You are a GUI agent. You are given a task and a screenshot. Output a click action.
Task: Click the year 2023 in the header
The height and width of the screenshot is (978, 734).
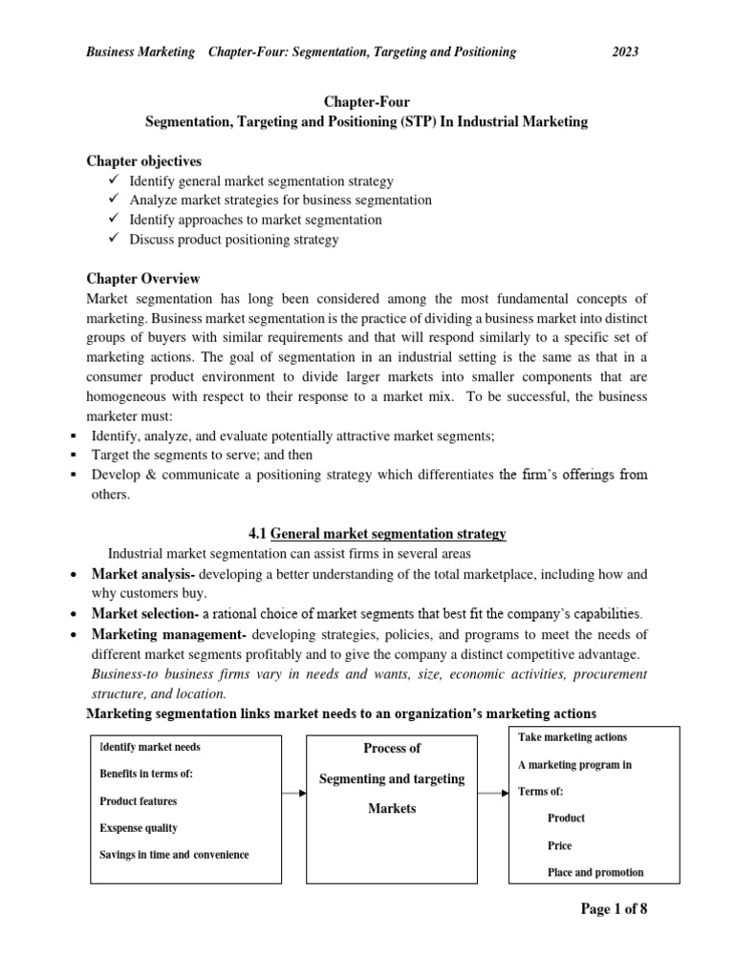click(625, 52)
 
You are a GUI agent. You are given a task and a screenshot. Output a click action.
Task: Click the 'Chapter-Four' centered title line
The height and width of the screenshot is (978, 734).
click(366, 102)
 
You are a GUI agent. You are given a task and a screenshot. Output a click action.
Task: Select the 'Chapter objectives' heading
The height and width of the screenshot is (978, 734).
click(143, 160)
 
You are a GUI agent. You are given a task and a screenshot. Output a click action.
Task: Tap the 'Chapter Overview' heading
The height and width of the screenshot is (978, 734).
click(143, 279)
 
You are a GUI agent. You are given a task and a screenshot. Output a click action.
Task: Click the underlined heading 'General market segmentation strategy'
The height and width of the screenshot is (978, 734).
click(388, 534)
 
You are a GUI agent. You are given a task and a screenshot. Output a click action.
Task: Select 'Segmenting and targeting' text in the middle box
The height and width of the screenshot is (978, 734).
click(392, 778)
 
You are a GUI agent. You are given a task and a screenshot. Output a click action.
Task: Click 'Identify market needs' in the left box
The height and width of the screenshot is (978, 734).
click(150, 747)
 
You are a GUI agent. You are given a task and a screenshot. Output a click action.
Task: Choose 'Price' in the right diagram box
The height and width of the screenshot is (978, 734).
click(560, 845)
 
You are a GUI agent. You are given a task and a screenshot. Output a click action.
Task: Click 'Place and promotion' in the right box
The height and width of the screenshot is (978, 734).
click(594, 872)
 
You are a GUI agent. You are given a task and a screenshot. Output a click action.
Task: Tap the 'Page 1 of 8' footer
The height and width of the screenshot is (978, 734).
click(614, 909)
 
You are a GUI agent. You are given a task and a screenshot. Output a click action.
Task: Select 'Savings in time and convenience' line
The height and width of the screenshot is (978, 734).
click(174, 855)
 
